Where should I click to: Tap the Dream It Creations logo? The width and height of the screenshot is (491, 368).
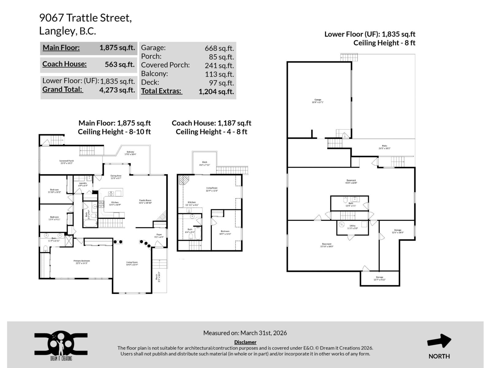[61, 346]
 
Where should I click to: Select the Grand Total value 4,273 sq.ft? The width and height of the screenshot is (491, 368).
[117, 90]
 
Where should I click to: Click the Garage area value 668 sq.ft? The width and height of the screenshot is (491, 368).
[219, 48]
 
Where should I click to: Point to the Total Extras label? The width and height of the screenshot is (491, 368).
[161, 91]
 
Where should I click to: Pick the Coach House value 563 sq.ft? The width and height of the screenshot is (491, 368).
[120, 64]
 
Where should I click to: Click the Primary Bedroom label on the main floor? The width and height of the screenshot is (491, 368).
[82, 262]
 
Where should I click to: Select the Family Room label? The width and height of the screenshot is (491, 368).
[145, 201]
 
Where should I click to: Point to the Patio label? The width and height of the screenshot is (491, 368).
[385, 147]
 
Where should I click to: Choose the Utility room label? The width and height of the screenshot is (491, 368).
[352, 227]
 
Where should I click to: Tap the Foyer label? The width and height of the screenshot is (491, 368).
[159, 236]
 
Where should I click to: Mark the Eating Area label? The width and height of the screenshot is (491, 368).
[116, 177]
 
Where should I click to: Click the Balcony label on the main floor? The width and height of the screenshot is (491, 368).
[130, 153]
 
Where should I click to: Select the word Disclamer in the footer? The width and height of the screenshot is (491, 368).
[245, 342]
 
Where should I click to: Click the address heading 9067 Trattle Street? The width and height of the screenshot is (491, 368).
[85, 18]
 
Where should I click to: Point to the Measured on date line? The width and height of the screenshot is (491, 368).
[245, 333]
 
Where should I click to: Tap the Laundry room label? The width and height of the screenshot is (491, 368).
[83, 184]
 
